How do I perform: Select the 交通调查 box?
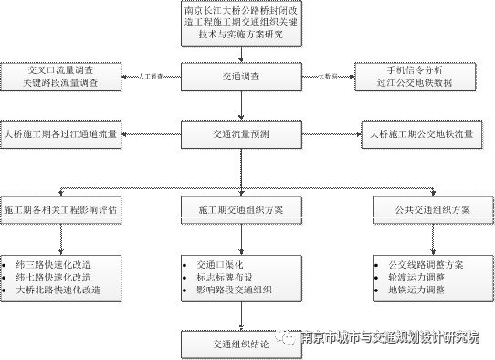click(241, 76)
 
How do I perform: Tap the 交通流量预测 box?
click(241, 134)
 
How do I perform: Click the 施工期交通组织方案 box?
click(241, 209)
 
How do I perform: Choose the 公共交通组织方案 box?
click(423, 209)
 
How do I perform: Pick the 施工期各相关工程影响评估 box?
click(60, 209)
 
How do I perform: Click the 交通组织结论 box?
click(241, 344)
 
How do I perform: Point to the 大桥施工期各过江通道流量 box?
click(60, 134)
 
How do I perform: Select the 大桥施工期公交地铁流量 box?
click(423, 134)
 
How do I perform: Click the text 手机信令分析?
click(421, 69)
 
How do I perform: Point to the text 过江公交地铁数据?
click(421, 83)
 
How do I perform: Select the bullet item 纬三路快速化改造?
click(54, 263)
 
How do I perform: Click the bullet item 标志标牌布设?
click(227, 277)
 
